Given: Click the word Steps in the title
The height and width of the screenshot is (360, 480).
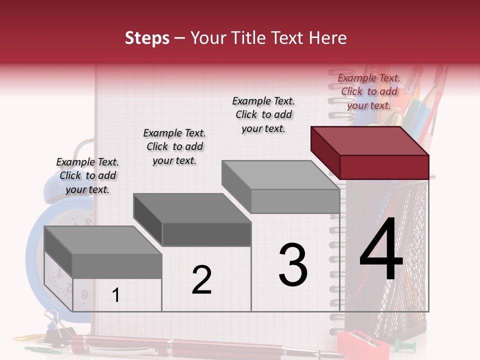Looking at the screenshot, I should [147, 38].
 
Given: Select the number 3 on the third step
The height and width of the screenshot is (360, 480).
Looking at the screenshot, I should [293, 265].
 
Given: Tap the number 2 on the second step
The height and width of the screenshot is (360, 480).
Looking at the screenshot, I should [201, 280].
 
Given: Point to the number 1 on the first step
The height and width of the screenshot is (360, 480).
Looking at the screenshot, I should [116, 295].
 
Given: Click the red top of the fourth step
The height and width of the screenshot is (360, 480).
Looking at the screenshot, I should [369, 140].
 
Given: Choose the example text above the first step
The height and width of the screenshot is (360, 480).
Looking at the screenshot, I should [87, 175].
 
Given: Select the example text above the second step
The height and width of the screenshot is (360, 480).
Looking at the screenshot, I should [174, 146].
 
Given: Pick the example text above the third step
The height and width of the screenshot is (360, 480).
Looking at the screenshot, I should [263, 114].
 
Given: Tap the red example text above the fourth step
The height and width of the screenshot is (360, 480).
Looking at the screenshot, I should [369, 91].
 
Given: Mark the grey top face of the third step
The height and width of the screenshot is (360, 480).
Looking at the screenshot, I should [280, 175].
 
